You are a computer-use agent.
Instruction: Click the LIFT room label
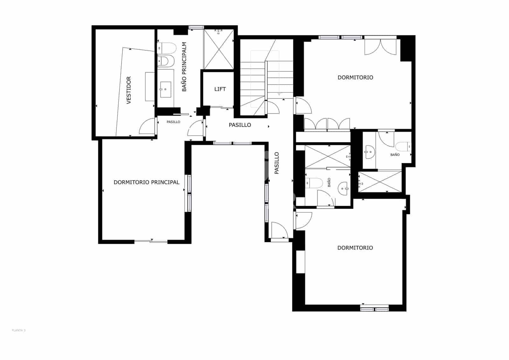coord(220,89)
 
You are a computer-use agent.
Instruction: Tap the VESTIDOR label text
coord(129,90)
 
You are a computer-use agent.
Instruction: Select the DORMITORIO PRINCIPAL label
coord(146,182)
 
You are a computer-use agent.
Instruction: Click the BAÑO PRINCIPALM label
coord(184,67)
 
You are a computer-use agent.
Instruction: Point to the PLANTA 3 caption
coord(18,330)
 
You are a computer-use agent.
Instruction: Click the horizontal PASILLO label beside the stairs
coord(240,125)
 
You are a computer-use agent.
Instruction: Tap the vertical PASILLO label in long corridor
coord(277,163)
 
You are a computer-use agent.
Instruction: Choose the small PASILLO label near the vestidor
coord(173,122)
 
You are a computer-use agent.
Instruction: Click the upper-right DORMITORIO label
coord(355,77)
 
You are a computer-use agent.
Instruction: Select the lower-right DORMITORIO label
coord(355,248)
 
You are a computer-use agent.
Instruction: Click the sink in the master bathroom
coord(165,89)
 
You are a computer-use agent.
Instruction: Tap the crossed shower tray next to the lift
coord(219,49)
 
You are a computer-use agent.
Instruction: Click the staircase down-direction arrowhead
coord(279,94)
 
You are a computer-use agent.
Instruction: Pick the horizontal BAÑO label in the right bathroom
coord(395,155)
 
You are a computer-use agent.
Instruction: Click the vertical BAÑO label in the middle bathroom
coord(329,182)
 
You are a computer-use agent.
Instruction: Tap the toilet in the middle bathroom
coord(314,183)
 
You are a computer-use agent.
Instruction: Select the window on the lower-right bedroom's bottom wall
coord(374,308)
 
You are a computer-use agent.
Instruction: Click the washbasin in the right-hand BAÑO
coord(369,152)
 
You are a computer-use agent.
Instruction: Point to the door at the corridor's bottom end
coord(279,230)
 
